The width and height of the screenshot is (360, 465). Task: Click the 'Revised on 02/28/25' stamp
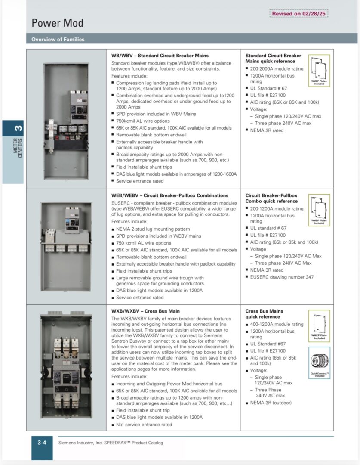pyautogui.click(x=298, y=14)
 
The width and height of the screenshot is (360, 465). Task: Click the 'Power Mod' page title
pyautogui.click(x=57, y=23)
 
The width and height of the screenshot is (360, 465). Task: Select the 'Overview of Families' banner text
pyautogui.click(x=58, y=40)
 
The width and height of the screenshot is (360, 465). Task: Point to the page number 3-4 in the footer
pyautogui.click(x=42, y=443)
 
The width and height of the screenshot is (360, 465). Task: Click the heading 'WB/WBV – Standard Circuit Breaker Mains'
pyautogui.click(x=160, y=56)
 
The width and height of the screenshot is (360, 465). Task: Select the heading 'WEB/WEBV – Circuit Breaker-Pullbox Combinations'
pyautogui.click(x=169, y=195)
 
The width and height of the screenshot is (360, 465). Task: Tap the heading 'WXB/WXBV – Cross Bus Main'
pyautogui.click(x=145, y=311)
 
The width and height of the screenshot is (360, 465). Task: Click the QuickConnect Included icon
pyautogui.click(x=319, y=363)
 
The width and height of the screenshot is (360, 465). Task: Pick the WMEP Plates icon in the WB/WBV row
pyautogui.click(x=319, y=71)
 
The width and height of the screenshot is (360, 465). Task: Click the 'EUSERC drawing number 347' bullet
pyautogui.click(x=282, y=277)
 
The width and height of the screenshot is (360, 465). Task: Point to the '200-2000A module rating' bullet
pyautogui.click(x=277, y=68)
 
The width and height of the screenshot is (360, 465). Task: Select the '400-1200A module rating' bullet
pyautogui.click(x=277, y=324)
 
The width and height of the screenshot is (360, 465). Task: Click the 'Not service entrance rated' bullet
pyautogui.click(x=144, y=425)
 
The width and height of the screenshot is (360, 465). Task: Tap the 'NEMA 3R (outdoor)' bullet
pyautogui.click(x=271, y=403)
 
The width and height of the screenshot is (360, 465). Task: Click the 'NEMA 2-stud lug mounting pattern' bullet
pyautogui.click(x=153, y=229)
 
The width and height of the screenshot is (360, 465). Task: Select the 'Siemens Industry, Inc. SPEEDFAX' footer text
pyautogui.click(x=111, y=443)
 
